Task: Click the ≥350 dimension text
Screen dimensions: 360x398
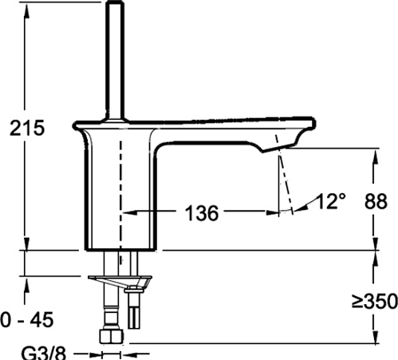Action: [x=372, y=302]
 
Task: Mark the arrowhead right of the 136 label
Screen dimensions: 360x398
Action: [x=275, y=213]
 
